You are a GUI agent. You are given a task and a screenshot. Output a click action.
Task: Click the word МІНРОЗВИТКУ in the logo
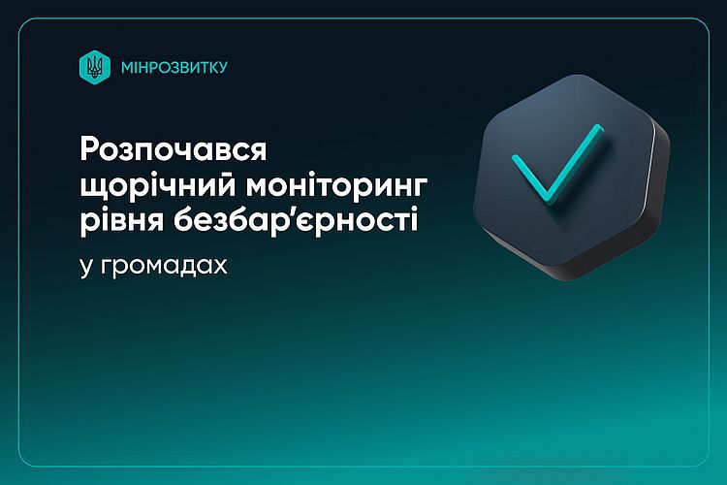(174, 67)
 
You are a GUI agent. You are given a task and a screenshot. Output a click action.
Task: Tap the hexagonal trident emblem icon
(95, 67)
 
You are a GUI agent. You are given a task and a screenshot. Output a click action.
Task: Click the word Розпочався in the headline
(174, 150)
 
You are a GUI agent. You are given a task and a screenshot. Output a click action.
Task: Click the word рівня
(122, 221)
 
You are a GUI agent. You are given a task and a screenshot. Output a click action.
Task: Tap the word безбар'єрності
(296, 220)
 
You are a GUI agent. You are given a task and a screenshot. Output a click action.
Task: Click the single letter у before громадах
(85, 269)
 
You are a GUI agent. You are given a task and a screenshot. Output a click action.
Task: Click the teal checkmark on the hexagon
(557, 165)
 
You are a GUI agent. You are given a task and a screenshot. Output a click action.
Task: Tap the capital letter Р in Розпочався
(91, 149)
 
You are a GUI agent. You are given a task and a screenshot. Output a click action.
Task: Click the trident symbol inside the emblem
(96, 68)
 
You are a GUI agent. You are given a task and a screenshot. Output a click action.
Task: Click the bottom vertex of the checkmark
(548, 202)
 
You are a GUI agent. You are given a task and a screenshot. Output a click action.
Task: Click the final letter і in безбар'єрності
(415, 220)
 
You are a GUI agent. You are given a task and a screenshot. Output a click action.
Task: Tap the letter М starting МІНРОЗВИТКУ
(128, 68)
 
